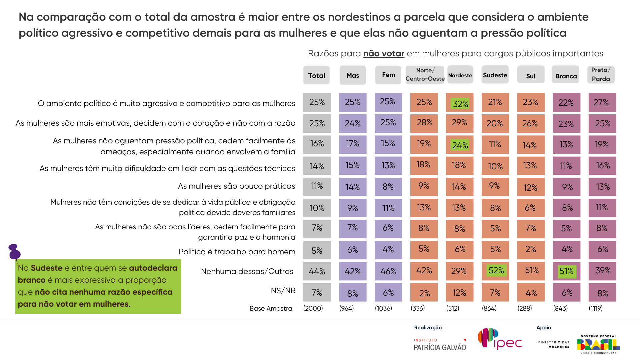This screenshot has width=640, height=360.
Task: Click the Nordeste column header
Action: pos(460,75)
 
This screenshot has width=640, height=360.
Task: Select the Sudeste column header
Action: pos(495,75)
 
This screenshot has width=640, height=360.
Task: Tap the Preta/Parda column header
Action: pos(601,75)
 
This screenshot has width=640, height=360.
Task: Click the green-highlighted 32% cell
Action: pos(460,104)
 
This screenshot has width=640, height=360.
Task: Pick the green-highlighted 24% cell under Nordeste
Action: pos(460,145)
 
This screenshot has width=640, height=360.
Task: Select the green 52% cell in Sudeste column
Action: pos(496,270)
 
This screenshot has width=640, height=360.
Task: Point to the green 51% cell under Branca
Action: pos(566,271)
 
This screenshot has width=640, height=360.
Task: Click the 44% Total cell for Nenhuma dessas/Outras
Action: pos(317,271)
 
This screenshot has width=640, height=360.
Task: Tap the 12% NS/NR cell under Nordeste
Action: pos(459,293)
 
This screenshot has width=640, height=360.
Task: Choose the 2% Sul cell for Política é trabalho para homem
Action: pos(531,249)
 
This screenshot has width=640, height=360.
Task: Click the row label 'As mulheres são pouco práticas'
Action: pos(236,186)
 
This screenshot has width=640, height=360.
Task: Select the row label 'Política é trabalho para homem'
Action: pos(237,252)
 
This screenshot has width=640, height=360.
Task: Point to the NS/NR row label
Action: pos(283,291)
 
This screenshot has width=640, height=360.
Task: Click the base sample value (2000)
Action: pos(313,308)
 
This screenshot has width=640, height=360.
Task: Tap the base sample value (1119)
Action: pos(596,308)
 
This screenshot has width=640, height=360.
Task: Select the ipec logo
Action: pos(500,339)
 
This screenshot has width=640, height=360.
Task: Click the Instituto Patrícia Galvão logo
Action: pos(440,345)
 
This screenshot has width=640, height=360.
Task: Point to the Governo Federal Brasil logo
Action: pos(598,344)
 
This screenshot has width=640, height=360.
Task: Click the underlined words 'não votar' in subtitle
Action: pos(384,53)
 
